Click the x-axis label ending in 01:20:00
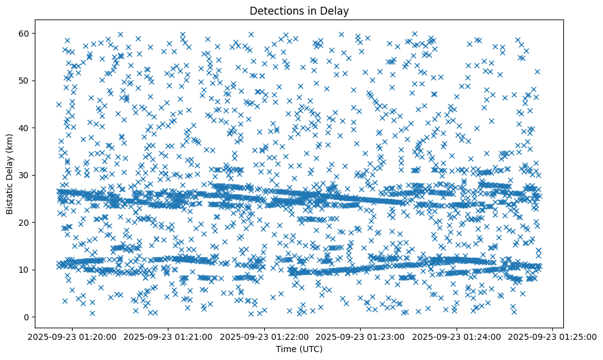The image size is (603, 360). (x=73, y=337)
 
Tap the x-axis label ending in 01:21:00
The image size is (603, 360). (x=169, y=337)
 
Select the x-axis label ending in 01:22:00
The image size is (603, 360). (x=265, y=337)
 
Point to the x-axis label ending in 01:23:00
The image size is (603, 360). (x=361, y=337)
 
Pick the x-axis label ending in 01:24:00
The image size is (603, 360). (x=457, y=337)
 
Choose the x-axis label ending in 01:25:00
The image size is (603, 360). (x=553, y=337)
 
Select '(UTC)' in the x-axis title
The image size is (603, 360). (x=312, y=349)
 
